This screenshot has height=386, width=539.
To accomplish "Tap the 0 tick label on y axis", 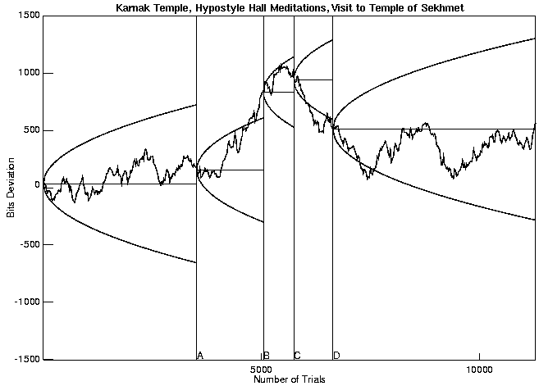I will point(36,185).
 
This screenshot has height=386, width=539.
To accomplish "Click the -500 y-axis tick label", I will point(27,244).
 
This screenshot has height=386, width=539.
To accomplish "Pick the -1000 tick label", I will point(25,302).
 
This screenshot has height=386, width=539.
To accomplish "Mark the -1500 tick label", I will point(25,359).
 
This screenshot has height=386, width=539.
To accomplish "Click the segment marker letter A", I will point(200,356).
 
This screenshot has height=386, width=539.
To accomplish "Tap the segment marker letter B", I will point(267,356).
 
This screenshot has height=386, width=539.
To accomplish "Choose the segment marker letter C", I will point(297,356).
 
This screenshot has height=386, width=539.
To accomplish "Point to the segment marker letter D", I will point(336,356).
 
